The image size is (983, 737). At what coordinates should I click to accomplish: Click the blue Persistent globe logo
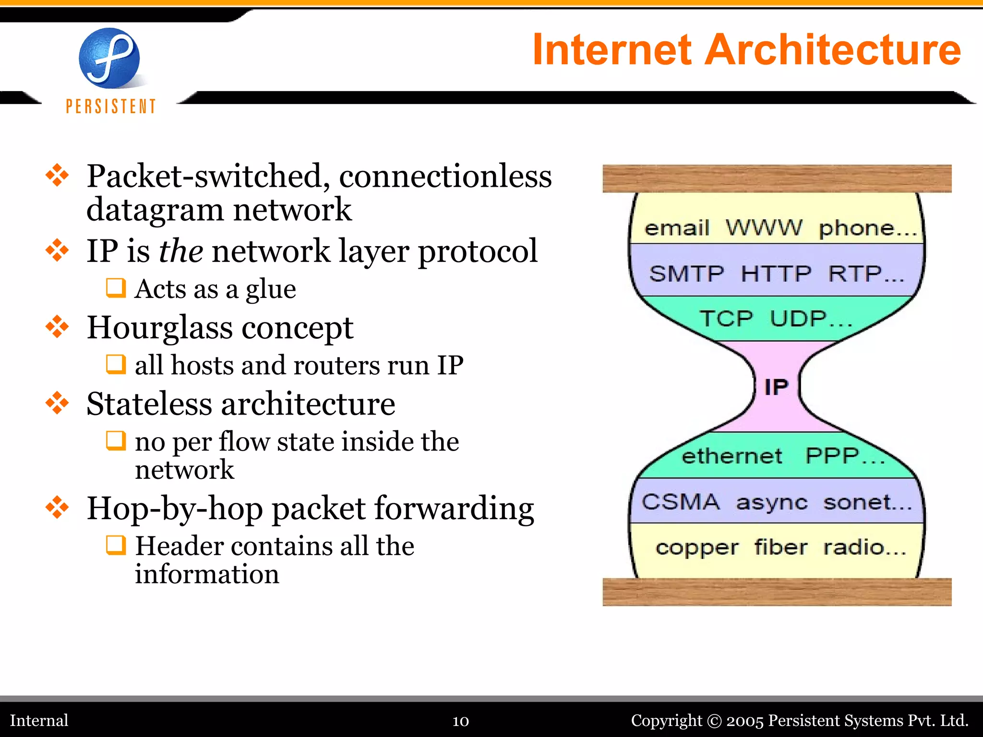tap(109, 59)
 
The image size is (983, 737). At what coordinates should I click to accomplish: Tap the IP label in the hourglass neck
tap(776, 387)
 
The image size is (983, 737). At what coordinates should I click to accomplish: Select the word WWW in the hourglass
tap(763, 227)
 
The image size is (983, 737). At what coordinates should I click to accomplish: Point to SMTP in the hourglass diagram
tap(686, 274)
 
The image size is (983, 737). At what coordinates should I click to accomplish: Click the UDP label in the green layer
tap(799, 319)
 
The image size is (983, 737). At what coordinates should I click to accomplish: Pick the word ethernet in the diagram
tap(731, 456)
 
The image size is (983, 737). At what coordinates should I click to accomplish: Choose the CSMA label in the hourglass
tap(681, 502)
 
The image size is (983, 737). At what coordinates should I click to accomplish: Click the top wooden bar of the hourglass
tap(777, 178)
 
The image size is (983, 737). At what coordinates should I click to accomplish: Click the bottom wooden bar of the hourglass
tap(777, 592)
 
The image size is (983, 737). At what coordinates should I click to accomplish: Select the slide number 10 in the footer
tap(460, 721)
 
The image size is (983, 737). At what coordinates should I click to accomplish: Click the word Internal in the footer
tap(39, 720)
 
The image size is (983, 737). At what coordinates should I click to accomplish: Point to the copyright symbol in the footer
tap(714, 721)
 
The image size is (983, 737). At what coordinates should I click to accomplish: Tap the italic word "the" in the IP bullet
tap(180, 251)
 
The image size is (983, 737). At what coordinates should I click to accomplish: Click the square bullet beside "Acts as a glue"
tap(116, 288)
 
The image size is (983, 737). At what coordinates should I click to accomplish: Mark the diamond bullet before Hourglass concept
tap(57, 327)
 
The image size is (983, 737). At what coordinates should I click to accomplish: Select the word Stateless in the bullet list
tap(149, 404)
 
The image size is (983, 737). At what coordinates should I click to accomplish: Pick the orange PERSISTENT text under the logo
tap(111, 106)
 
